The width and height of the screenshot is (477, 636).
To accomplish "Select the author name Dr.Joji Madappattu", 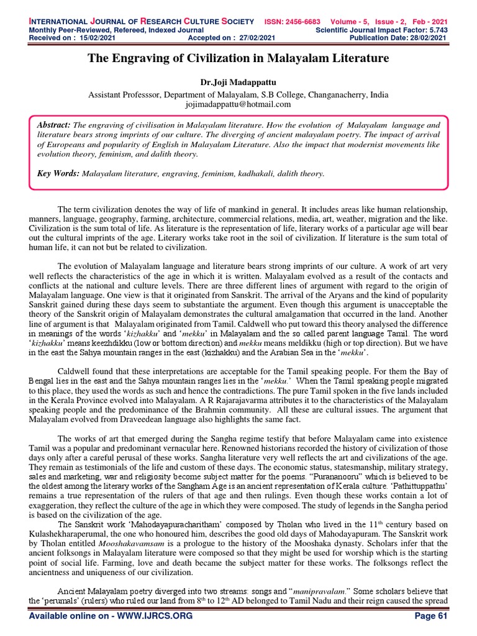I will (238, 82).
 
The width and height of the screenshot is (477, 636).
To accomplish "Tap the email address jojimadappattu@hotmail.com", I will (238, 104).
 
